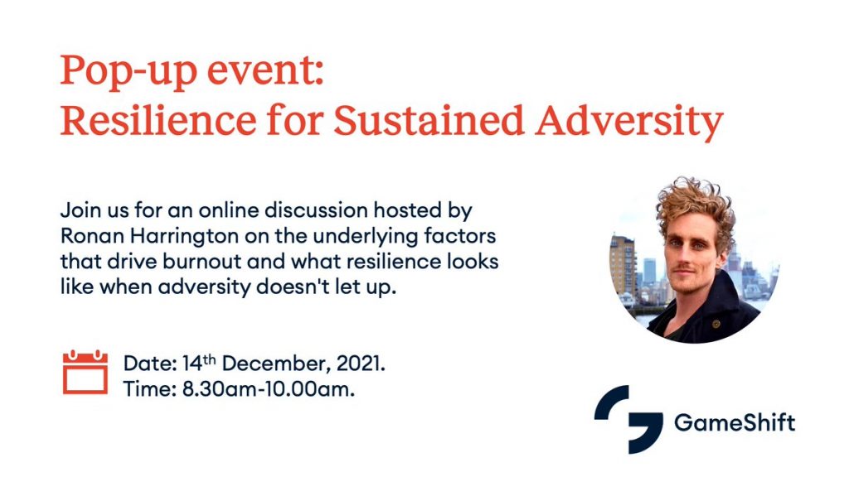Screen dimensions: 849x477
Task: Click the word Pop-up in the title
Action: tap(129, 71)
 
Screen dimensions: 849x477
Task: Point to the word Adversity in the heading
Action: tap(629, 122)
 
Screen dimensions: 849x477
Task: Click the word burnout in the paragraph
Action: tap(202, 261)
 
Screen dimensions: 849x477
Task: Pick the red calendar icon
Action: tap(85, 372)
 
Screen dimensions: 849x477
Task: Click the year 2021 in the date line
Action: tap(361, 364)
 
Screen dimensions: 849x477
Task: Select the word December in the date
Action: tap(275, 364)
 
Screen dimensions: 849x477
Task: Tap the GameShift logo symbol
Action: tap(628, 419)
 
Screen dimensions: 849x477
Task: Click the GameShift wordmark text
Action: tap(735, 422)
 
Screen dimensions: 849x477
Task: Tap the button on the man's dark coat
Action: tap(716, 325)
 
